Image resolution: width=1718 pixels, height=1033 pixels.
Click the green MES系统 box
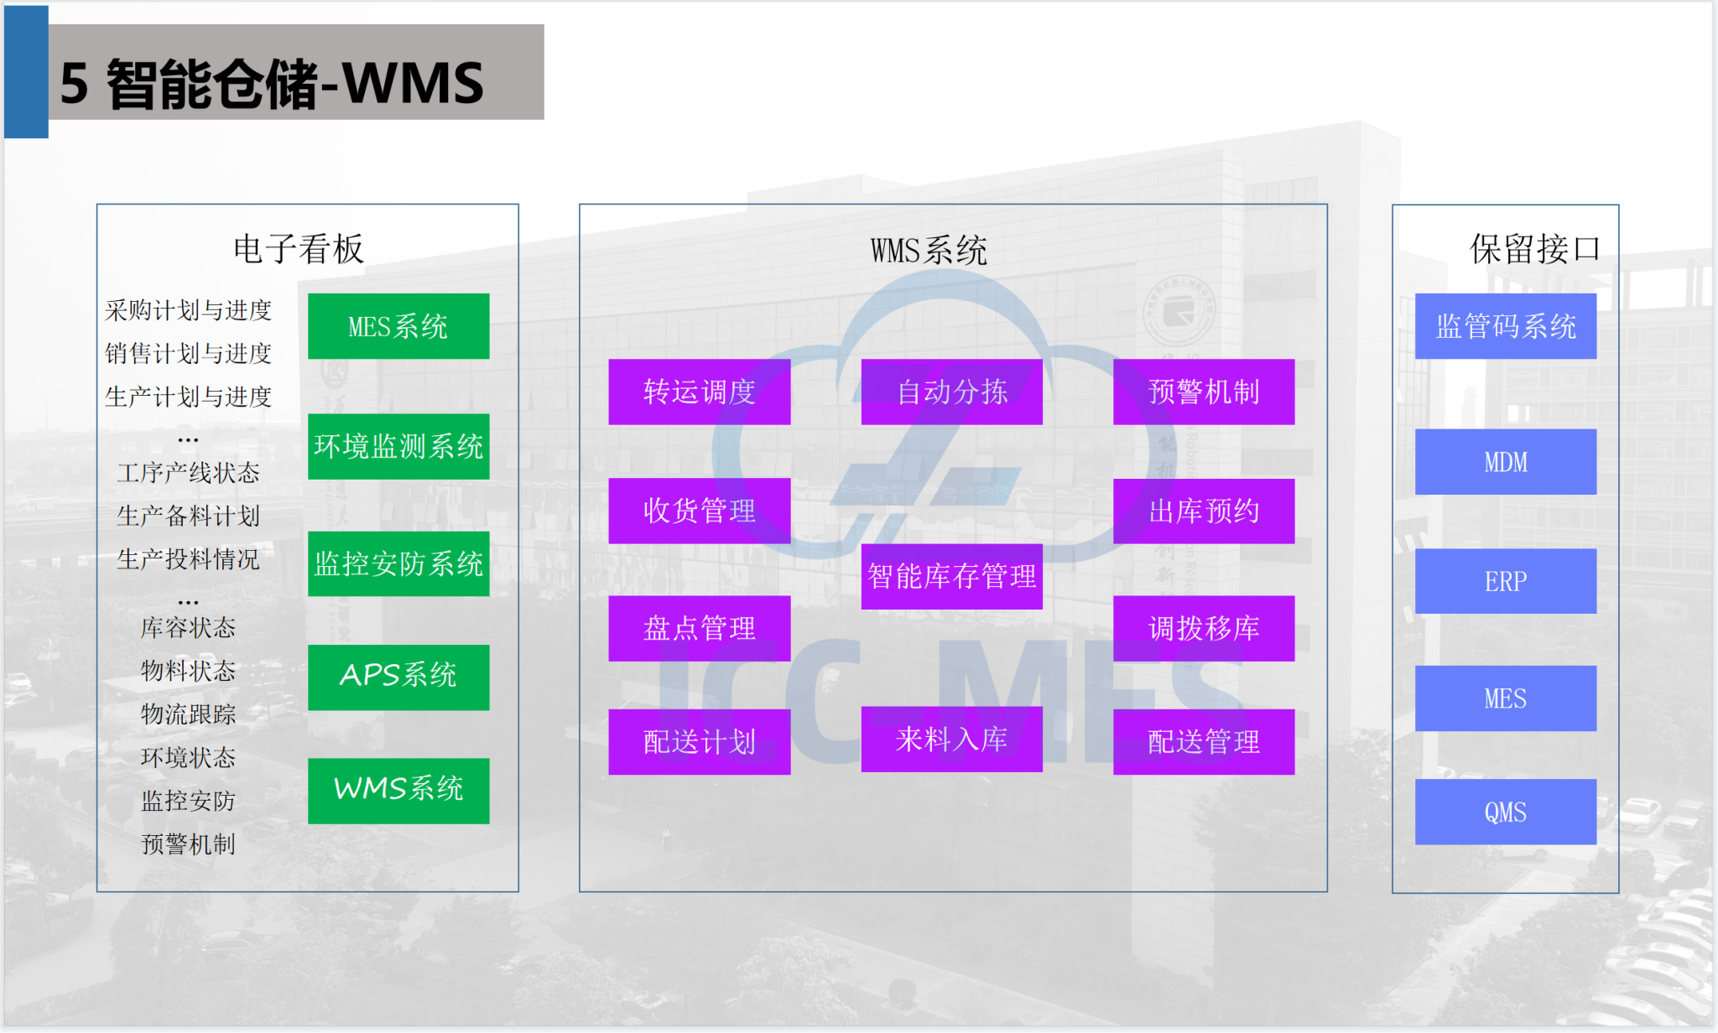click(x=398, y=326)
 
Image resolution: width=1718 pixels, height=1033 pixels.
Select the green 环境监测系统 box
click(x=398, y=446)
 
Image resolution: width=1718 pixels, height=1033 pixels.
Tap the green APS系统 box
click(x=398, y=677)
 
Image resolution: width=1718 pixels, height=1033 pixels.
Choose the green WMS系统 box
click(x=398, y=791)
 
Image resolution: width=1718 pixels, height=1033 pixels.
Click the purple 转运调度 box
click(x=700, y=392)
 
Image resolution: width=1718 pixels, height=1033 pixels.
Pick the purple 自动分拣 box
click(x=952, y=392)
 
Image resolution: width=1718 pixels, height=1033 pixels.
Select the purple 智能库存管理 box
click(x=952, y=577)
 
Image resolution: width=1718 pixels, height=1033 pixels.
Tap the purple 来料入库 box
click(x=952, y=739)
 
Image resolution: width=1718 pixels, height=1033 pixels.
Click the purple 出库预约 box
click(x=1204, y=511)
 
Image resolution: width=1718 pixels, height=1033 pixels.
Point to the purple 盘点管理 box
click(x=700, y=629)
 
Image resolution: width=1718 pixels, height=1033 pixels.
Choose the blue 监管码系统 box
click(x=1506, y=326)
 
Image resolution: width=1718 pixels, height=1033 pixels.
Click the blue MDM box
click(x=1506, y=462)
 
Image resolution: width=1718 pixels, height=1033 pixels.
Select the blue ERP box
click(x=1506, y=581)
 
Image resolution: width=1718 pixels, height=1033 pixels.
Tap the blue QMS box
click(x=1506, y=812)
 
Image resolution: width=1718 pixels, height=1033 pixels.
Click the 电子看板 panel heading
click(x=299, y=249)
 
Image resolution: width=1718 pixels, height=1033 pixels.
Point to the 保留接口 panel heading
click(x=1535, y=249)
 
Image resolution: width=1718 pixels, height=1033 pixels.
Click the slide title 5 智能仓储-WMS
click(x=272, y=84)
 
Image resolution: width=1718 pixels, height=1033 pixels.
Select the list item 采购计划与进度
click(x=188, y=310)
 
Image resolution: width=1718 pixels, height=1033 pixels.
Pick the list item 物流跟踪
click(x=188, y=714)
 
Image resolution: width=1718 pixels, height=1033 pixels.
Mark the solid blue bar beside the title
click(x=26, y=72)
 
